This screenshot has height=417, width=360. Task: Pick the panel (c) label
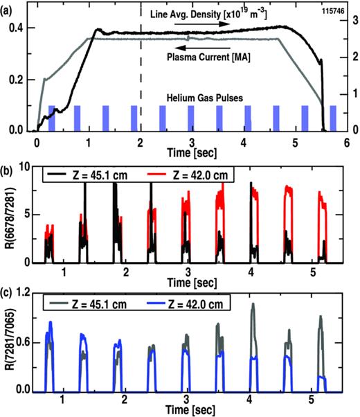(8, 289)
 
